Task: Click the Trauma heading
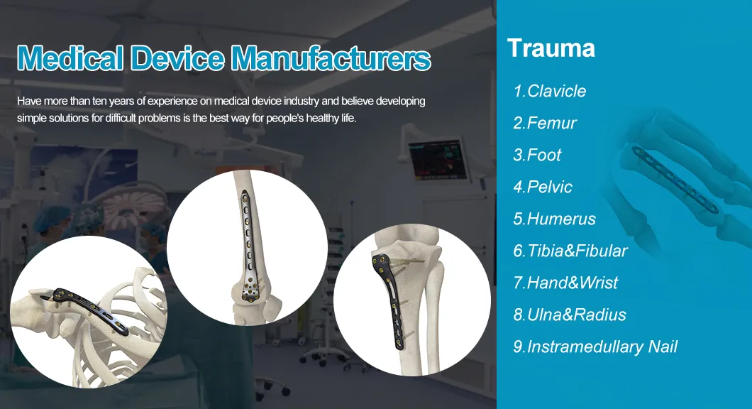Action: (551, 48)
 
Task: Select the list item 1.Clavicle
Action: (550, 91)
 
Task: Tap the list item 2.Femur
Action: (545, 123)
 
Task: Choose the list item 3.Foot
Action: (537, 155)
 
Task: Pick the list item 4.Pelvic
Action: (543, 187)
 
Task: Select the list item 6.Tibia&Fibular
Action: (570, 251)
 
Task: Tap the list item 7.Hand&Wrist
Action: (565, 283)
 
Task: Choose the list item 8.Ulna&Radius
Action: (570, 315)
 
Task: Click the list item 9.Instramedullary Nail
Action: (595, 347)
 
